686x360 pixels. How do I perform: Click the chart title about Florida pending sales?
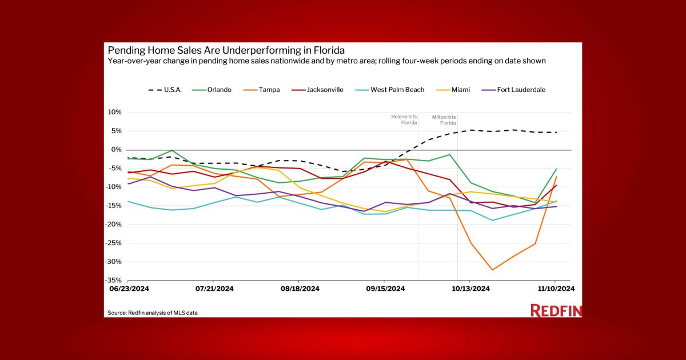pyautogui.click(x=226, y=50)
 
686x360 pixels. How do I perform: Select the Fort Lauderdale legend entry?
pyautogui.click(x=512, y=90)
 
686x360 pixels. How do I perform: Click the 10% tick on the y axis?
pyautogui.click(x=115, y=113)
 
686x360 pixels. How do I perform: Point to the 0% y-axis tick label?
pyautogui.click(x=117, y=150)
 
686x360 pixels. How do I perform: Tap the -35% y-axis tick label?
pyautogui.click(x=114, y=281)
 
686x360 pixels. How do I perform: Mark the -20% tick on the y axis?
pyautogui.click(x=114, y=225)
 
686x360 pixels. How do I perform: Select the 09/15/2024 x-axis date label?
pyautogui.click(x=385, y=289)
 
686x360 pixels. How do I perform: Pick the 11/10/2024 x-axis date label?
pyautogui.click(x=555, y=289)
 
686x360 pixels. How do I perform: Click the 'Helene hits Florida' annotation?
pyautogui.click(x=404, y=119)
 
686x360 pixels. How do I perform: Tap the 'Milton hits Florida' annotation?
pyautogui.click(x=444, y=119)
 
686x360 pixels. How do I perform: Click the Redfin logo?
pyautogui.click(x=556, y=311)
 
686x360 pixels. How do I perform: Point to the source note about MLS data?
pyautogui.click(x=157, y=313)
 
